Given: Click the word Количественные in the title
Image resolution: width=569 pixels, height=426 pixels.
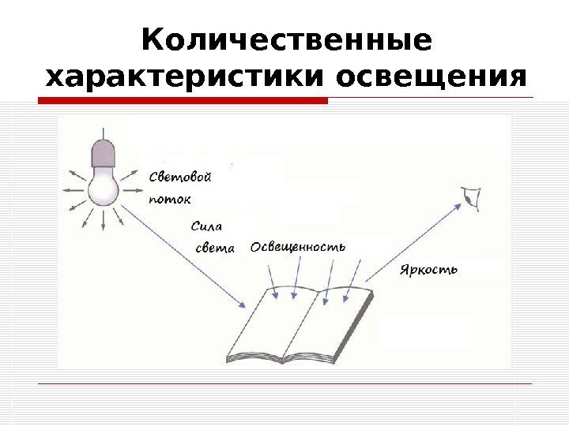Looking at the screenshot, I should tap(286, 40).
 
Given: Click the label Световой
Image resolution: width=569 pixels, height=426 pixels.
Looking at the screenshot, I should tap(180, 177).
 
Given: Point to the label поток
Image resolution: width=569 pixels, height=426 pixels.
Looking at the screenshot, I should tap(170, 199).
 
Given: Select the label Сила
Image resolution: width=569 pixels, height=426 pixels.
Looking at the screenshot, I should tap(206, 226).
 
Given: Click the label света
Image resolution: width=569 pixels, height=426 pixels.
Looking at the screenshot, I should tap(215, 248).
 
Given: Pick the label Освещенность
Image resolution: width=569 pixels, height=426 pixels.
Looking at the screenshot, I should tap(298, 247).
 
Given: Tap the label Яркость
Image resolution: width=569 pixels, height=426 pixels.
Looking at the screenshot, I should tap(429, 270).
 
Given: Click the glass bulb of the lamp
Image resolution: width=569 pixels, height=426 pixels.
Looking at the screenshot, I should tap(102, 186).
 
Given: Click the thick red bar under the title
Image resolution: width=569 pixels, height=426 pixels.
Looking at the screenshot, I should tap(183, 101).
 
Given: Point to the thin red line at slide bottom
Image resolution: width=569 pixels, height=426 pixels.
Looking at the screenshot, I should tap(285, 384).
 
